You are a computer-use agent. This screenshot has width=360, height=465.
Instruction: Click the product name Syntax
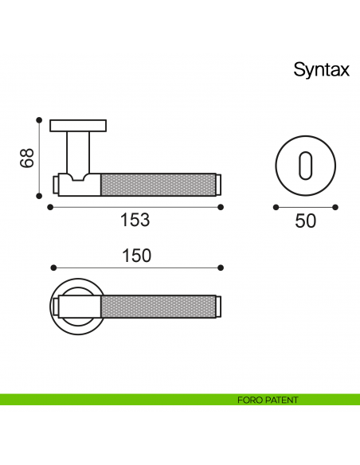(321, 69)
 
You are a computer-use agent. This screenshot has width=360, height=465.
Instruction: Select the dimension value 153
(135, 221)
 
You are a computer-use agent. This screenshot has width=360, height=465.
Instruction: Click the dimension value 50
(305, 221)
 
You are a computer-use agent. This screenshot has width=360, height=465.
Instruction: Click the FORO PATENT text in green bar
(268, 400)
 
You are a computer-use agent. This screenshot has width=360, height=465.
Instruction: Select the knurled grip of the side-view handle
(159, 184)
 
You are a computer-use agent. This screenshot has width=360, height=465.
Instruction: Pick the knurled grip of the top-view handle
(159, 307)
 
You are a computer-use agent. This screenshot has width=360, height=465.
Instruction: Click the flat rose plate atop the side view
(78, 125)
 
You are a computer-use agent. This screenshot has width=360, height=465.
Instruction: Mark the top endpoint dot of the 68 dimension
(38, 119)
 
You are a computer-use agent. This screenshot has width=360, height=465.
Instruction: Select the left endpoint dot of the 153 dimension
(50, 207)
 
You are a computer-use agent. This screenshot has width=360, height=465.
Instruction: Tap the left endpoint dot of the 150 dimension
(52, 268)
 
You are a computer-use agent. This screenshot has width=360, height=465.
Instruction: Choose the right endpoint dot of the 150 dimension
(222, 268)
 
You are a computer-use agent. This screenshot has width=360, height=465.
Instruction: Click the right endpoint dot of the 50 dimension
(335, 207)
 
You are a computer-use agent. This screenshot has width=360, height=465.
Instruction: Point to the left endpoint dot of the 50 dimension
(275, 207)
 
